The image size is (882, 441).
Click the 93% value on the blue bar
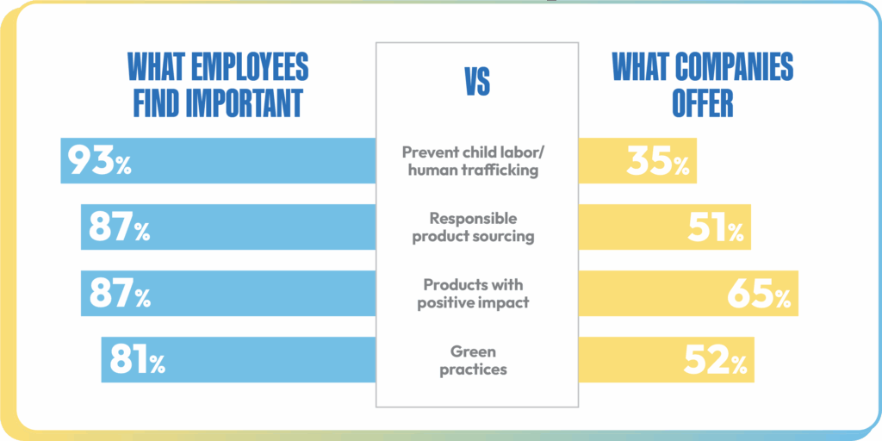(x=100, y=161)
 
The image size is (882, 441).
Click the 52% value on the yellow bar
(x=715, y=360)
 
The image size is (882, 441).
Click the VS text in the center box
(x=477, y=84)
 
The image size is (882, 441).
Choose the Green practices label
(x=473, y=360)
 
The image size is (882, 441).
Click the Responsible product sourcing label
(x=473, y=227)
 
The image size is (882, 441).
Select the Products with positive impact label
(x=473, y=294)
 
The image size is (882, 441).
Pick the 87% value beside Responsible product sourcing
(x=119, y=227)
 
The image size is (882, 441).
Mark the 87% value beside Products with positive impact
(x=119, y=294)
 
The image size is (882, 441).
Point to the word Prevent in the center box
(x=429, y=152)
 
